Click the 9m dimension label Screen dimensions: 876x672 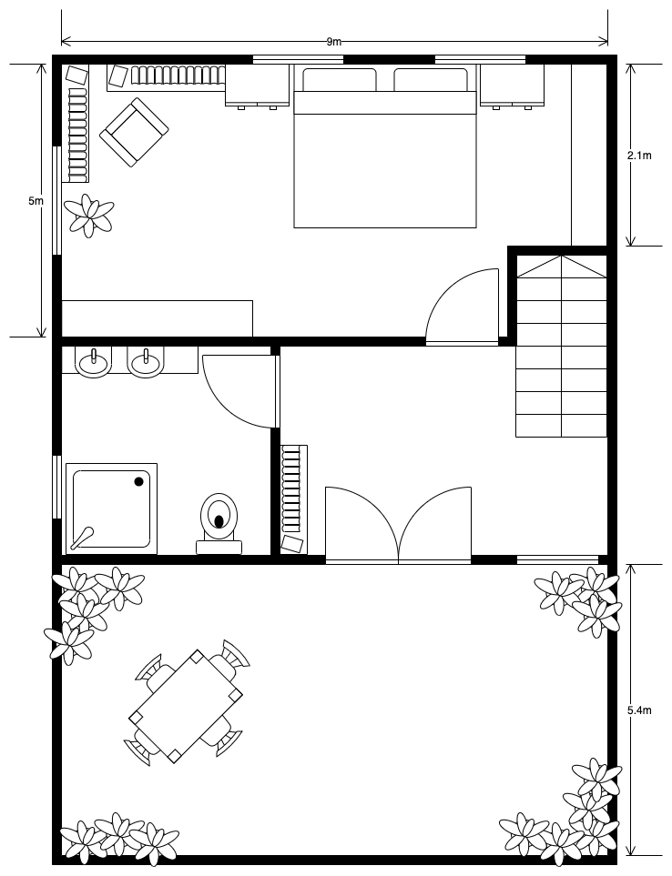(334, 41)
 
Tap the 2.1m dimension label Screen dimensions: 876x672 (640, 156)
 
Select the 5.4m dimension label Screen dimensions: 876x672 (640, 710)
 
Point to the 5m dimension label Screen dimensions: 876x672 (36, 200)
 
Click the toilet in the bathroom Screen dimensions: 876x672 (219, 519)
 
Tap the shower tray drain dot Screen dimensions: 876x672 (140, 480)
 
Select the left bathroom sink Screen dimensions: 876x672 (93, 363)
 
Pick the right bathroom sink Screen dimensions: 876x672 (145, 363)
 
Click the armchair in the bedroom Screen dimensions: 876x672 (134, 132)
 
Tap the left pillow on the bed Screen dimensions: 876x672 (339, 80)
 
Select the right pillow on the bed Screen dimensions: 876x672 (430, 80)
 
